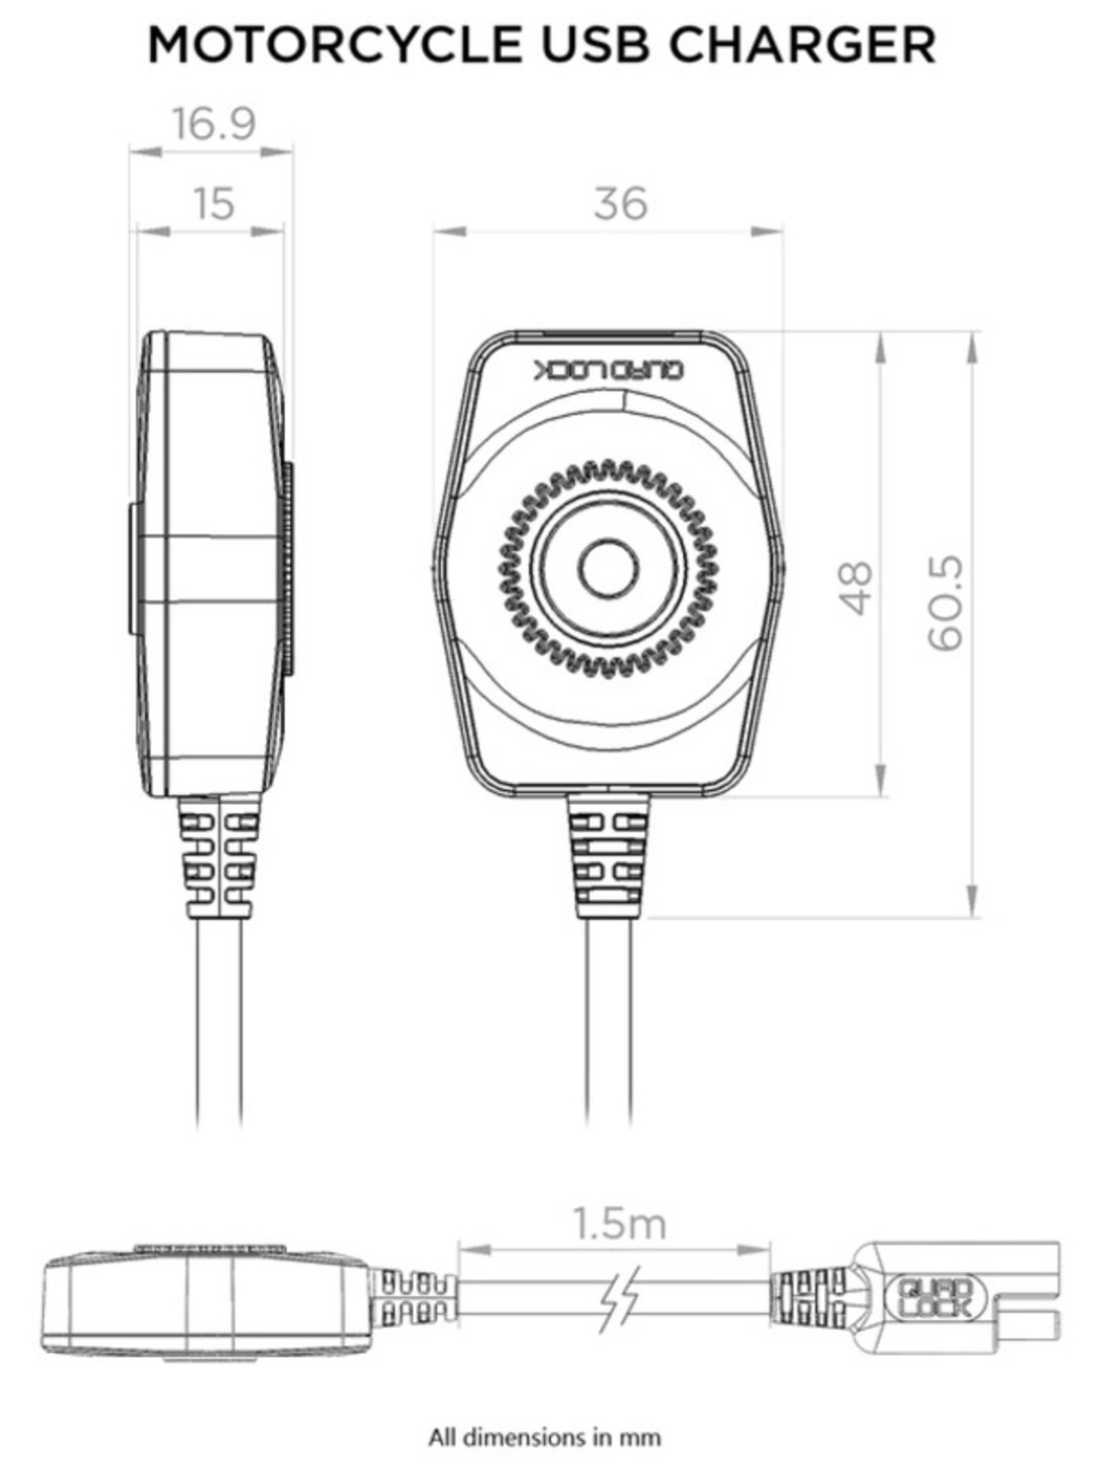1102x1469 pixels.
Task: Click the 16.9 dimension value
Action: pyautogui.click(x=212, y=124)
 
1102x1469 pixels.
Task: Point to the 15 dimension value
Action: pyautogui.click(x=212, y=203)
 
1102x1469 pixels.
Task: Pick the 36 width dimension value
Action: pyautogui.click(x=620, y=203)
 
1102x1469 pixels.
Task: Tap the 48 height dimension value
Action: pyautogui.click(x=854, y=588)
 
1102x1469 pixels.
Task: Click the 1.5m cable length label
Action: pyautogui.click(x=619, y=1223)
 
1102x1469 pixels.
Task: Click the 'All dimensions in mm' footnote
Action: pyautogui.click(x=544, y=1436)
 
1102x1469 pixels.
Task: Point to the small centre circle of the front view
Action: pyautogui.click(x=608, y=570)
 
